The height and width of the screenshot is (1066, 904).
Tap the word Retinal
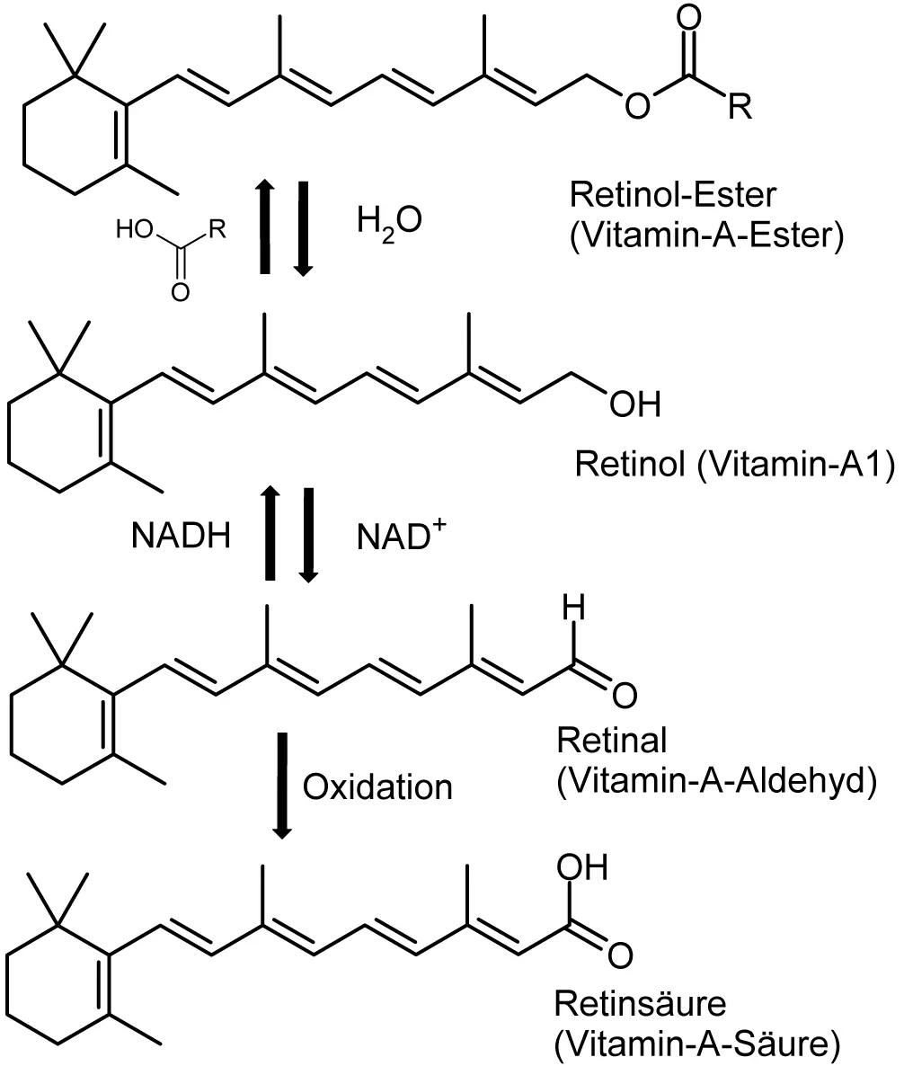(x=611, y=742)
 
